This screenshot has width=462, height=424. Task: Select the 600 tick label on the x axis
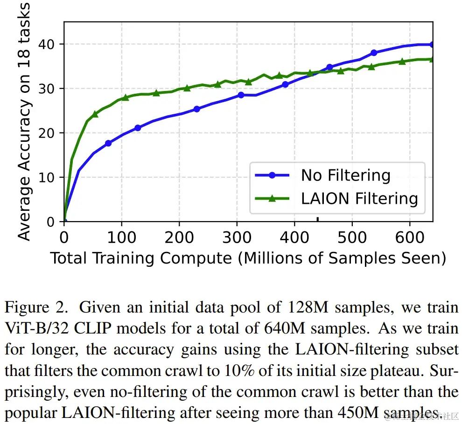(x=410, y=237)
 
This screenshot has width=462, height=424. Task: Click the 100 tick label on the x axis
(x=122, y=237)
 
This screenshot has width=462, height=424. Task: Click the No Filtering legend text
(x=345, y=175)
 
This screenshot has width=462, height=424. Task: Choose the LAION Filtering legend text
(x=359, y=198)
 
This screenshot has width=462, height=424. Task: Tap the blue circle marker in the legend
(x=273, y=175)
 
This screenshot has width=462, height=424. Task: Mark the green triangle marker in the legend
(x=273, y=198)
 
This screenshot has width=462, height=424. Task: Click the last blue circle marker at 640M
(x=432, y=45)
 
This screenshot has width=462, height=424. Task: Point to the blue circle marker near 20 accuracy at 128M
(x=138, y=128)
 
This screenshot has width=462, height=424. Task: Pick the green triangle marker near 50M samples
(x=95, y=114)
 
